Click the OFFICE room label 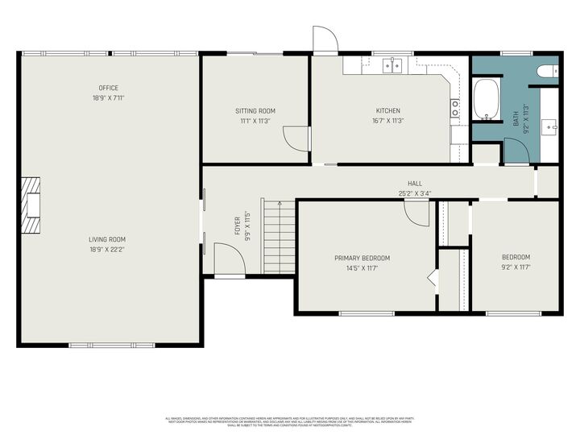click(108, 88)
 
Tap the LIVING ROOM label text click(107, 239)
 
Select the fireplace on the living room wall click(31, 205)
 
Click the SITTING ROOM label click(255, 110)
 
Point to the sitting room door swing click(297, 139)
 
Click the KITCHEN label click(387, 110)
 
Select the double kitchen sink click(392, 65)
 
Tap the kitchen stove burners click(455, 108)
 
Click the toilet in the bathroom click(547, 71)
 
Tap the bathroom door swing click(515, 151)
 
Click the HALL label click(415, 184)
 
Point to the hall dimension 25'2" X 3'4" click(415, 193)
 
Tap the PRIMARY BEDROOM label click(362, 259)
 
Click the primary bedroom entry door click(417, 213)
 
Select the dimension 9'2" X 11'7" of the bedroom click(516, 267)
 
